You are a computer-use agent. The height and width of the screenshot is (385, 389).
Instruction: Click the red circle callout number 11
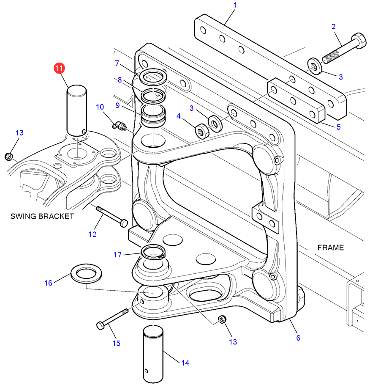point(59,68)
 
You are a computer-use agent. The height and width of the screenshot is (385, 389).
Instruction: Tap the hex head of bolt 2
point(359,41)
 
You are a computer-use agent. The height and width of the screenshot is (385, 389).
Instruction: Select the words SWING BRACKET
point(42,216)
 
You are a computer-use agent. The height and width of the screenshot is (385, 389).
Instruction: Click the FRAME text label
point(331,247)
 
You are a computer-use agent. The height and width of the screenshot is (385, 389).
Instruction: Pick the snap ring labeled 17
point(153,252)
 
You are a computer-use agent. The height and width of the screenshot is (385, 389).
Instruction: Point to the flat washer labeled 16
point(86,273)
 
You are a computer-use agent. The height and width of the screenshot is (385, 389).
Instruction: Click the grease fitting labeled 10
point(120,125)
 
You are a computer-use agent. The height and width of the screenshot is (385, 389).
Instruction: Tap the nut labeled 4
point(202,131)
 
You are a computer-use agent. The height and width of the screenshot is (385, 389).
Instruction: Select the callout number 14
point(185,363)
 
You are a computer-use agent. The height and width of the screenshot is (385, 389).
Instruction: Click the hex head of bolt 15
point(101,325)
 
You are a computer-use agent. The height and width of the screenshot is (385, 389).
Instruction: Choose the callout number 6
point(298,338)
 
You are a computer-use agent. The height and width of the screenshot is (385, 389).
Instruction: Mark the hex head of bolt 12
point(124,223)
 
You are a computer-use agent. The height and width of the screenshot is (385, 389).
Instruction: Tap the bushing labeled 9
point(153,116)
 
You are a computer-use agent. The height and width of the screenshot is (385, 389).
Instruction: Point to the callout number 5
point(339,127)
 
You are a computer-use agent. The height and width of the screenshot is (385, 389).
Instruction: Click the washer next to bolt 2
point(315,66)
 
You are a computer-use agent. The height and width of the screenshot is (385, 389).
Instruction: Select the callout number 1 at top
point(235,5)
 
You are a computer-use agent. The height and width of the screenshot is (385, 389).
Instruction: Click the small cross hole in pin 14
point(146,371)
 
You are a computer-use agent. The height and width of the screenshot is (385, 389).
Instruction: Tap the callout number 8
point(120,80)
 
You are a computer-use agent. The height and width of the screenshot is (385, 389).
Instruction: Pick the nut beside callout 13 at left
point(9,157)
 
